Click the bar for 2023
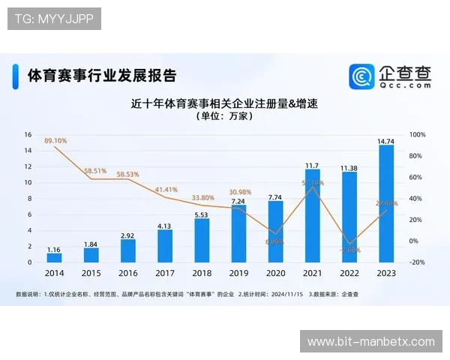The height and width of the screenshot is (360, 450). (386, 204)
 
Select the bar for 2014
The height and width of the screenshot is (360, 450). (53, 257)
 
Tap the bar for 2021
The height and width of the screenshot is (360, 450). (312, 216)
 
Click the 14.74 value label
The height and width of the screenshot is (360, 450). (386, 140)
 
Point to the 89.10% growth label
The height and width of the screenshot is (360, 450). (55, 140)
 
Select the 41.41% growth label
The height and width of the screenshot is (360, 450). (166, 190)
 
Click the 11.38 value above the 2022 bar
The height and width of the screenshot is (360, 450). (349, 168)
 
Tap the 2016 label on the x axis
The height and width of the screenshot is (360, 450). (127, 274)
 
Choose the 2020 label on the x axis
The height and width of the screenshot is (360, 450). (275, 274)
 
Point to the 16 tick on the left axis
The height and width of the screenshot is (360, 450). (28, 135)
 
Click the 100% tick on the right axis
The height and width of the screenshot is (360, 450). (418, 135)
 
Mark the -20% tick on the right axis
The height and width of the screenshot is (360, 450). (418, 262)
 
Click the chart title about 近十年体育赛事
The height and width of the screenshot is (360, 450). (225, 103)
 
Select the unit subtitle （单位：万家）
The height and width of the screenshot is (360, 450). (225, 117)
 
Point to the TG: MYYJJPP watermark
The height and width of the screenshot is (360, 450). (53, 19)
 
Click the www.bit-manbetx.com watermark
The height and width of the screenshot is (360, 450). (370, 342)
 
